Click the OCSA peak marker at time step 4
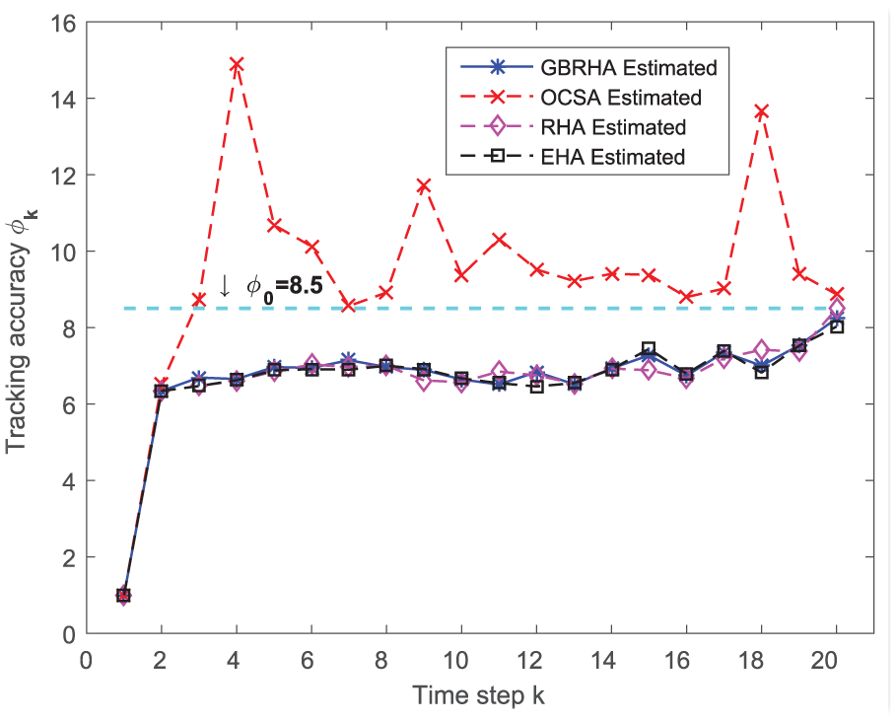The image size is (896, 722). coord(237,63)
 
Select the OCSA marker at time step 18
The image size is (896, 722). coord(761,110)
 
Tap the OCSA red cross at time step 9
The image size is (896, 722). coord(424,185)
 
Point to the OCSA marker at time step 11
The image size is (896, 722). coord(500,239)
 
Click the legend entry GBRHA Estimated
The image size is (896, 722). coord(588,67)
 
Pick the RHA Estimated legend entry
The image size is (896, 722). coord(573,127)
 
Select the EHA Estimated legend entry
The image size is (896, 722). coord(573,157)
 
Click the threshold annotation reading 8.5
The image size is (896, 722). coord(285,285)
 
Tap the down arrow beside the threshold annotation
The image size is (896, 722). coord(225,286)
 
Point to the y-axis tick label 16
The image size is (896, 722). coord(63,24)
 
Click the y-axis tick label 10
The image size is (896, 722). coord(63,252)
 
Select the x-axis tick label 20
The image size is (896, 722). coord(825,661)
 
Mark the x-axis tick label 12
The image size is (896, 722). coord(528,661)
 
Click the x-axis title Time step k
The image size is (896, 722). coord(479,695)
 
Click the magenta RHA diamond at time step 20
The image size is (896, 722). coord(837,309)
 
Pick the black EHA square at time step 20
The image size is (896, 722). coord(837,327)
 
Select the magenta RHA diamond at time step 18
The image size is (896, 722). coord(761,349)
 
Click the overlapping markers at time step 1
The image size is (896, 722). coord(123,595)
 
